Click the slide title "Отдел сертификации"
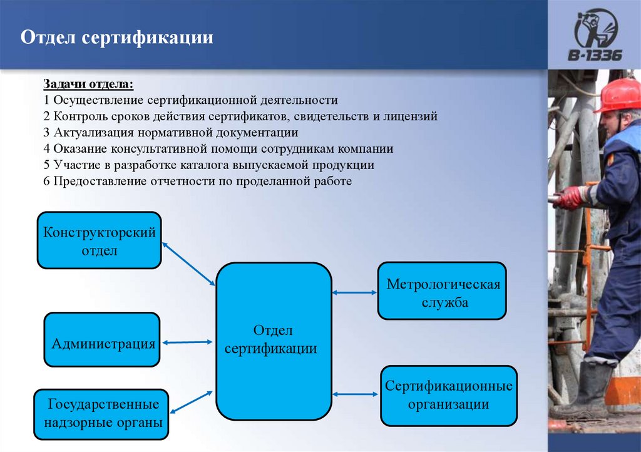(118, 38)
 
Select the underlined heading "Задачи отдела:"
(88, 84)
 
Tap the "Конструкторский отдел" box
(100, 240)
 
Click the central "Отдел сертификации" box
(273, 341)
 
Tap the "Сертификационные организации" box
(449, 394)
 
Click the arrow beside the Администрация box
(187, 342)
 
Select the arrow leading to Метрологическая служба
(354, 292)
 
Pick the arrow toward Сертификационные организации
(356, 394)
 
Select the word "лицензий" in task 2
(414, 116)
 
